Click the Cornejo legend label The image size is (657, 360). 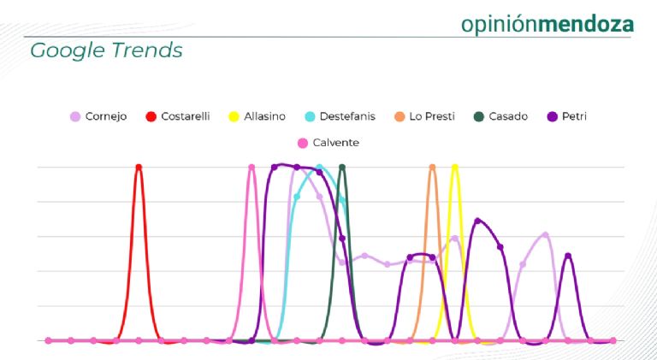pyautogui.click(x=105, y=116)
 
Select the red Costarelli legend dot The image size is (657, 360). pyautogui.click(x=151, y=116)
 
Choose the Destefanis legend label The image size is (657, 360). pyautogui.click(x=352, y=116)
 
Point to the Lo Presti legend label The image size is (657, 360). pyautogui.click(x=432, y=116)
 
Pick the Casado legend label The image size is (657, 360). pyautogui.click(x=508, y=116)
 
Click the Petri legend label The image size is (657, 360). pyautogui.click(x=576, y=116)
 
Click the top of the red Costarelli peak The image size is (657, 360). pyautogui.click(x=139, y=167)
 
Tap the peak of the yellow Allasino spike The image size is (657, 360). pyautogui.click(x=454, y=167)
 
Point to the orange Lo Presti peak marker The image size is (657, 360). pyautogui.click(x=432, y=167)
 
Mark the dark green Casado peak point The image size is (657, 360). pyautogui.click(x=342, y=167)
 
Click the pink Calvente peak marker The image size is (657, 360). pyautogui.click(x=252, y=167)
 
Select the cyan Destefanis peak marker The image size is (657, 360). pyautogui.click(x=319, y=167)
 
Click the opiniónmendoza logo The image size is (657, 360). pyautogui.click(x=547, y=23)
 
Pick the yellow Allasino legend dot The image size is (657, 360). pyautogui.click(x=233, y=116)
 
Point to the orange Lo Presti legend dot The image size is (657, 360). pyautogui.click(x=400, y=116)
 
